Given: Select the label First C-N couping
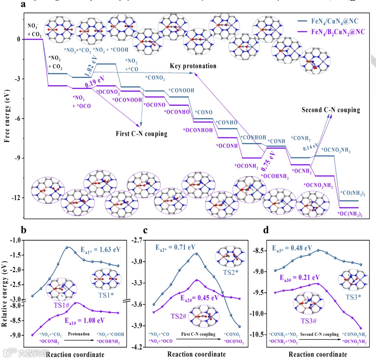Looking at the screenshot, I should (x=142, y=134).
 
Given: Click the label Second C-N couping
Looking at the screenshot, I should (x=331, y=110).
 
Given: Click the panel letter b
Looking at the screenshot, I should (x=23, y=230).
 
